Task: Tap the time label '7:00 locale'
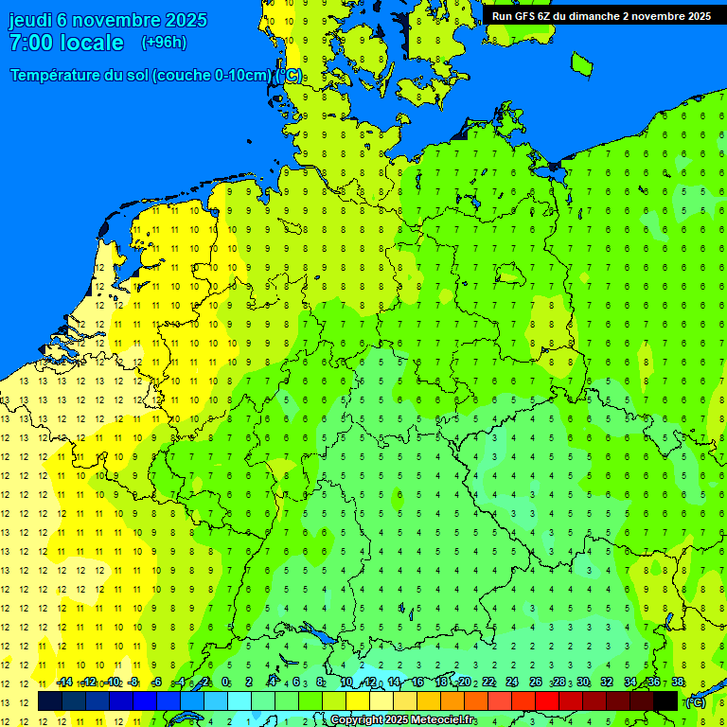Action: (66, 43)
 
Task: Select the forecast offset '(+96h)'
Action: (164, 43)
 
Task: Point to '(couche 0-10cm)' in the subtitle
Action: (212, 76)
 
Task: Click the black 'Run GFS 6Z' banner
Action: (601, 16)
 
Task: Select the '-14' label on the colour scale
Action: (64, 682)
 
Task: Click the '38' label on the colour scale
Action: (677, 682)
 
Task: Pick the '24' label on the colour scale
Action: (512, 682)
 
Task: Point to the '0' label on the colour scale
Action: (225, 682)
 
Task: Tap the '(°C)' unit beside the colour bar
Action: (696, 701)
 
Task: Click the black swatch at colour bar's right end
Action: (665, 701)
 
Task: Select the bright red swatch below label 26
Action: (547, 701)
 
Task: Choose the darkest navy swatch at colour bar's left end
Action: (50, 701)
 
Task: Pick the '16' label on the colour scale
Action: (417, 682)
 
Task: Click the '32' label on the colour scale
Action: (607, 682)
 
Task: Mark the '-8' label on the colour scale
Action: (134, 682)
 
